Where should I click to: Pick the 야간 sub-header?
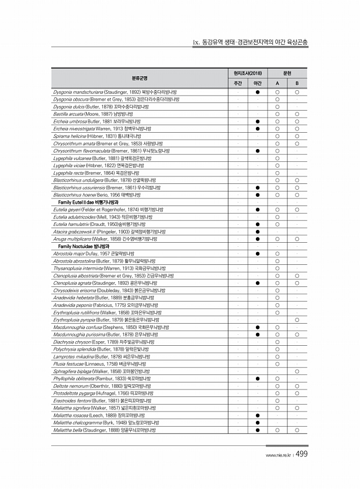[x=257, y=83]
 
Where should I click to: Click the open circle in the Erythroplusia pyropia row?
[x=297, y=320]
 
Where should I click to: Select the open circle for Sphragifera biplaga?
[x=297, y=371]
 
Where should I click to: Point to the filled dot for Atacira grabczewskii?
[x=257, y=231]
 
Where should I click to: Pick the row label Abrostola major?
[x=67, y=254]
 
